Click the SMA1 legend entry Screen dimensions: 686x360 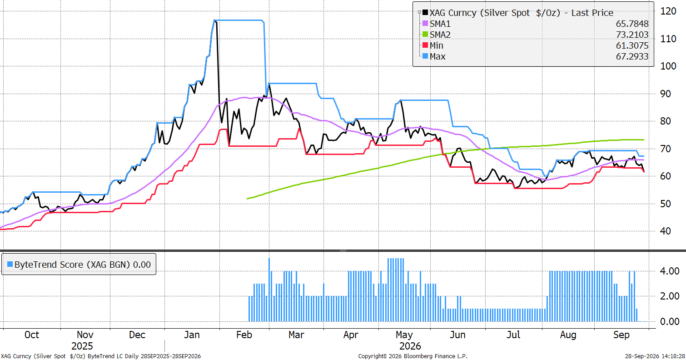[440, 24]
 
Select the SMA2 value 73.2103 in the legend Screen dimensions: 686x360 [632, 35]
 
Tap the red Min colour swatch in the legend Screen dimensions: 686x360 [425, 45]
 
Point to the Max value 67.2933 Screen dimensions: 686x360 [632, 56]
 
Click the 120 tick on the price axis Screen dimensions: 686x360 [668, 11]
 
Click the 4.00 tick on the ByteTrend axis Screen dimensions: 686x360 [670, 271]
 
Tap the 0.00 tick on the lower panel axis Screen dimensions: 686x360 [670, 321]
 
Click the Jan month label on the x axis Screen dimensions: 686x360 [192, 335]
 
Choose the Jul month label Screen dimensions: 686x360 [513, 335]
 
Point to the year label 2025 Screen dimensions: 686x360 [82, 346]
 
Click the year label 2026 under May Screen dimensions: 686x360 [410, 346]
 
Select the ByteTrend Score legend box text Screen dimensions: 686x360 [82, 265]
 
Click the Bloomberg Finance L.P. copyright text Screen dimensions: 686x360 [413, 356]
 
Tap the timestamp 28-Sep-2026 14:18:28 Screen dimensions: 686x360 [655, 356]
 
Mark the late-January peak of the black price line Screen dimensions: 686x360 [215, 20]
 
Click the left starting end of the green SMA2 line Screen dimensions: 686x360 [247, 199]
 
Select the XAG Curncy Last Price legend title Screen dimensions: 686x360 [521, 13]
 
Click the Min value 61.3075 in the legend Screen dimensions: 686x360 [632, 45]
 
